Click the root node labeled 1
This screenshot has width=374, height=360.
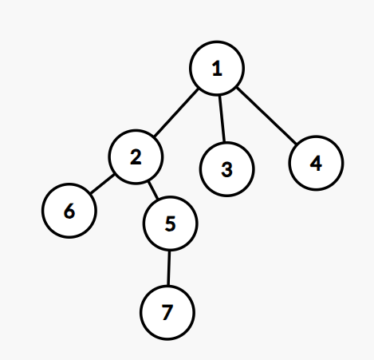click(217, 68)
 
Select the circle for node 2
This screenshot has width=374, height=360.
click(136, 157)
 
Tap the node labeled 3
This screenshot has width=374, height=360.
click(227, 169)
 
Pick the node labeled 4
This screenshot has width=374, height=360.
click(316, 163)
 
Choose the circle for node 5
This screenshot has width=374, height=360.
click(171, 224)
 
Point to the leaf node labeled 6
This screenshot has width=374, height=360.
click(69, 211)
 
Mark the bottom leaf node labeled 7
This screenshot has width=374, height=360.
click(167, 313)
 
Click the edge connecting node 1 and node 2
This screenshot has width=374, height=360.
click(176, 113)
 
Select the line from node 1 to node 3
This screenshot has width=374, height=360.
click(222, 118)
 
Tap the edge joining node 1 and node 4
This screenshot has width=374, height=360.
click(266, 116)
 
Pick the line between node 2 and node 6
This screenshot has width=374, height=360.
click(102, 184)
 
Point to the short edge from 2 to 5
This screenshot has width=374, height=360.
click(153, 190)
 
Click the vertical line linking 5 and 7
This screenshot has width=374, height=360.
click(168, 268)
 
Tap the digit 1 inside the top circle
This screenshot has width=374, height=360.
click(217, 69)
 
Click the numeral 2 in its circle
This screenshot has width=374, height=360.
click(136, 157)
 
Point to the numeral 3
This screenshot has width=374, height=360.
click(227, 169)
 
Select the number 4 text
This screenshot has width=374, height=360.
click(316, 163)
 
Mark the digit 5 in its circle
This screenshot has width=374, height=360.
click(171, 224)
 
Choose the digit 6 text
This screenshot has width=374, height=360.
click(69, 211)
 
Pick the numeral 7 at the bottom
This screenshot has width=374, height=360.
click(167, 312)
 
